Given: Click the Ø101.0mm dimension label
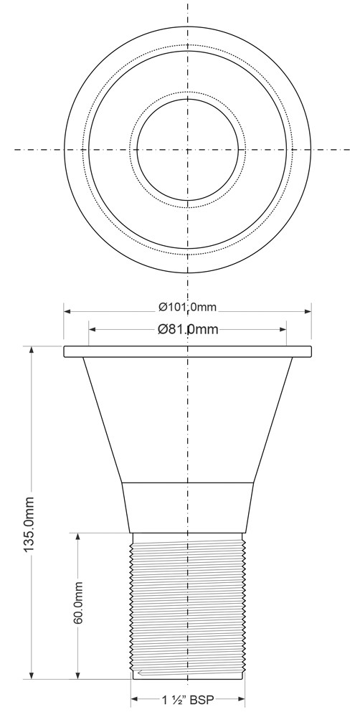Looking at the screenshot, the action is (188, 308).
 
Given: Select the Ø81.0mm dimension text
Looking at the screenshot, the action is (188, 329).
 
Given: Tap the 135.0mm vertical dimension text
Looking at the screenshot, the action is (29, 524).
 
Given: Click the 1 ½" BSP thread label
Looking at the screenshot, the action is (188, 699).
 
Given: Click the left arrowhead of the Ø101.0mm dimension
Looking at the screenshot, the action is (67, 311).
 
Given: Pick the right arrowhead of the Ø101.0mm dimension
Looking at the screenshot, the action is (308, 311).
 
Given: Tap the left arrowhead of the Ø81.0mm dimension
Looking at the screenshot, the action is (92, 329).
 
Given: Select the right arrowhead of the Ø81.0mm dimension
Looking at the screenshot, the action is (283, 329).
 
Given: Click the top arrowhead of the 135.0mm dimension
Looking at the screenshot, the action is (32, 349).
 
